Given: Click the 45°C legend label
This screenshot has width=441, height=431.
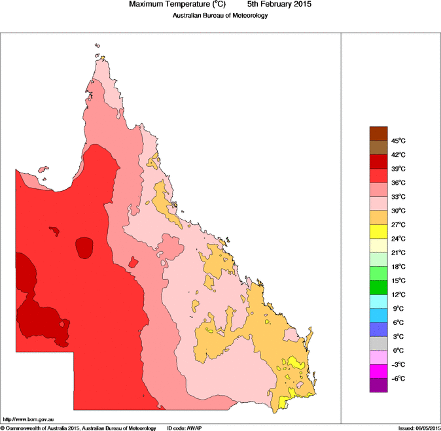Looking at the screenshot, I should (399, 141).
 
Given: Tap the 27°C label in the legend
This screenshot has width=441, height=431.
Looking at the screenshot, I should (399, 225).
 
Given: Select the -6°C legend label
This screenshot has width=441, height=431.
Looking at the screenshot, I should (399, 379).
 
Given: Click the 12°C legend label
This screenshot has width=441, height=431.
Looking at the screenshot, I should (399, 295).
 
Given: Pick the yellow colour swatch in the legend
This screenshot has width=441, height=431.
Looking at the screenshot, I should (379, 232).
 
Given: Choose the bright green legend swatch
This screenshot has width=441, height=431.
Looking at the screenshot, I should (379, 273).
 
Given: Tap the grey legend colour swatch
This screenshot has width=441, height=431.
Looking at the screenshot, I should (379, 343).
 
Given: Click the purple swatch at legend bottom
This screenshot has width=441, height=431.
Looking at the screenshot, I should (379, 385).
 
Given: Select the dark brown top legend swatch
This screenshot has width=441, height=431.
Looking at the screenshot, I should (379, 133).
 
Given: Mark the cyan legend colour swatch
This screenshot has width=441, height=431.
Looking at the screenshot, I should (379, 302).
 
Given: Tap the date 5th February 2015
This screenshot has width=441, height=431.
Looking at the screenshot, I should (275, 5).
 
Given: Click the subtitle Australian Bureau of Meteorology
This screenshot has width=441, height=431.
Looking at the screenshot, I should (220, 15).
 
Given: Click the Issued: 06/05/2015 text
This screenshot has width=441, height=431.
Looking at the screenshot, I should (419, 428).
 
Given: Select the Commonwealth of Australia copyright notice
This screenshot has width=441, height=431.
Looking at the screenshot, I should (79, 428).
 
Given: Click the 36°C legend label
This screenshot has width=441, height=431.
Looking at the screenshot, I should (399, 183).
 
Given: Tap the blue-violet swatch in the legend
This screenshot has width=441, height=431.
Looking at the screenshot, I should (379, 330).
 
